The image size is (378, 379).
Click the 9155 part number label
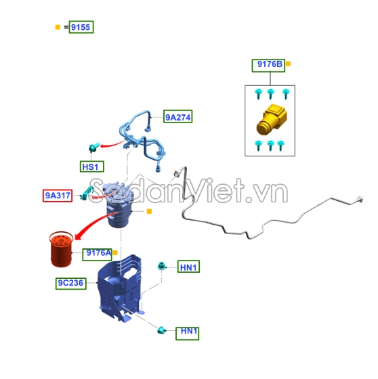pyautogui.click(x=81, y=27)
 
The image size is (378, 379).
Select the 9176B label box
pyautogui.click(x=268, y=66)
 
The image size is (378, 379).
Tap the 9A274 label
pyautogui.click(x=178, y=116)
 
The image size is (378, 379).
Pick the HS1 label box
pyautogui.click(x=92, y=166)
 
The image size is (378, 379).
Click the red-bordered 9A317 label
pyautogui.click(x=58, y=196)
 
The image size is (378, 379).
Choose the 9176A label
pyautogui.click(x=98, y=254)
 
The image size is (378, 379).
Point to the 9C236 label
pyautogui.click(x=71, y=284)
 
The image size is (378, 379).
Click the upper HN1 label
pyautogui.click(x=188, y=267)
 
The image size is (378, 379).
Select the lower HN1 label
pyautogui.click(x=187, y=334)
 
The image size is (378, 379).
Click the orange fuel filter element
pyautogui.click(x=61, y=249)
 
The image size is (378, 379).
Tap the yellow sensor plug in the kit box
pyautogui.click(x=272, y=119)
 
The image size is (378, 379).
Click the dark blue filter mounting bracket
pyautogui.click(x=119, y=288)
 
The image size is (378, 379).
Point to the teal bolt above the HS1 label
pyautogui.click(x=94, y=148)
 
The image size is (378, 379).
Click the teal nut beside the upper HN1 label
pyautogui.click(x=161, y=266)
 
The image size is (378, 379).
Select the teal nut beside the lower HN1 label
pyautogui.click(x=161, y=330)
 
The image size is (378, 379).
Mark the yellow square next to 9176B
pyautogui.click(x=288, y=64)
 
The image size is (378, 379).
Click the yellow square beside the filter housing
pyautogui.click(x=149, y=211)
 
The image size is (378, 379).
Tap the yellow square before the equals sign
pyautogui.click(x=58, y=27)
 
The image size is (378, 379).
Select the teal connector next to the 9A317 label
pyautogui.click(x=87, y=193)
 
